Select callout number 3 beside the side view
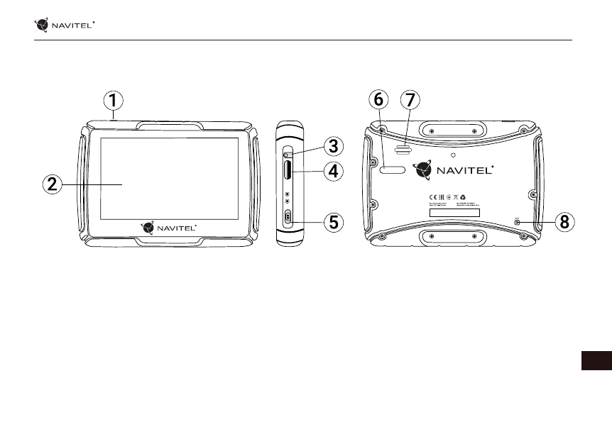(x=332, y=147)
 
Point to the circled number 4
(x=332, y=171)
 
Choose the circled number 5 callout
(x=332, y=223)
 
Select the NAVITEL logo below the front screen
(x=169, y=227)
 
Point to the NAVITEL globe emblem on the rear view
(x=423, y=171)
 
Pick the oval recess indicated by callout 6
(x=394, y=171)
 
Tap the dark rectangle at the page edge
(x=596, y=360)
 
